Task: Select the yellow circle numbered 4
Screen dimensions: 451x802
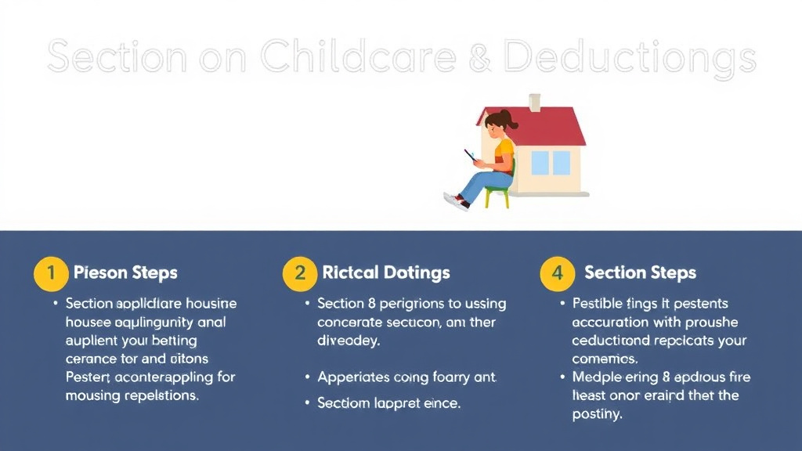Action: [x=558, y=273]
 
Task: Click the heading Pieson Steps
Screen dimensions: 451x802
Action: [x=125, y=273]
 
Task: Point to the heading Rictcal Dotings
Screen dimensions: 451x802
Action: [x=386, y=273]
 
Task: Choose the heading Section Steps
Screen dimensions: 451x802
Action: [x=640, y=273]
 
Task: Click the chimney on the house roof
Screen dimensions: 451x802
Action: [x=535, y=102]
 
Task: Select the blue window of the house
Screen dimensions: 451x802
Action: [x=551, y=163]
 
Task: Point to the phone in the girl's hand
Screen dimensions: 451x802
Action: [x=470, y=155]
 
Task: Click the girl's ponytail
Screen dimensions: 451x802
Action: [x=510, y=120]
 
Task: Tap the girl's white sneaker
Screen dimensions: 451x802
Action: [x=454, y=201]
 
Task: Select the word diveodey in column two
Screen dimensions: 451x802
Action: [x=348, y=341]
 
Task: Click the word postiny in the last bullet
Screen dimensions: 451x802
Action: [x=598, y=414]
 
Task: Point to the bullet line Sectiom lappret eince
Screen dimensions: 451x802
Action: [x=388, y=403]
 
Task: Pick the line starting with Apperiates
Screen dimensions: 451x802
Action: [x=406, y=377]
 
